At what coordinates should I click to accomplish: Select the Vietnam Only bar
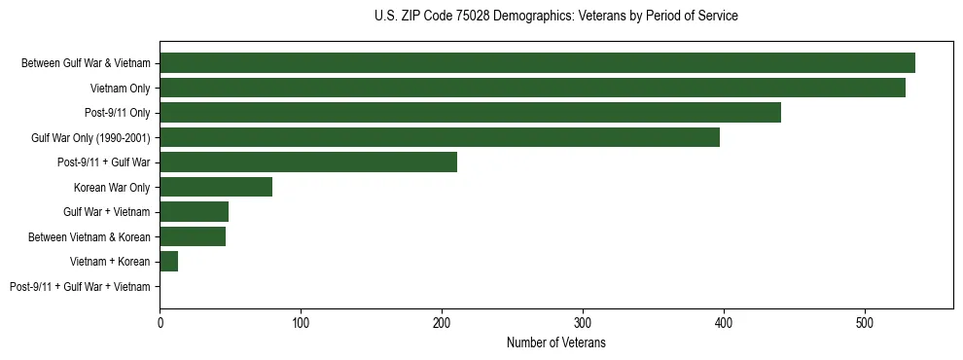pyautogui.click(x=532, y=88)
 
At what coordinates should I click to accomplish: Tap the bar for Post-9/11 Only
pyautogui.click(x=470, y=113)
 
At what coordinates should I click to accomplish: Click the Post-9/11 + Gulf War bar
pyautogui.click(x=308, y=162)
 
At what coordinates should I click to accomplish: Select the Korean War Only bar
pyautogui.click(x=216, y=187)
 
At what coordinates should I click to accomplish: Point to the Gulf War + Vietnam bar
pyautogui.click(x=194, y=212)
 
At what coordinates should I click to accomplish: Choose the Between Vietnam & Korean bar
pyautogui.click(x=193, y=236)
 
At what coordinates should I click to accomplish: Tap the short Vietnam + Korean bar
pyautogui.click(x=169, y=262)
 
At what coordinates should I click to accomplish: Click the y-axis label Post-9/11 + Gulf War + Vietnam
pyautogui.click(x=80, y=287)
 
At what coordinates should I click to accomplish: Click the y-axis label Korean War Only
pyautogui.click(x=112, y=188)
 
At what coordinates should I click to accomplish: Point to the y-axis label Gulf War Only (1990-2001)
pyautogui.click(x=90, y=138)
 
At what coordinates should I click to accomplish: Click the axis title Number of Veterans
pyautogui.click(x=556, y=342)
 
